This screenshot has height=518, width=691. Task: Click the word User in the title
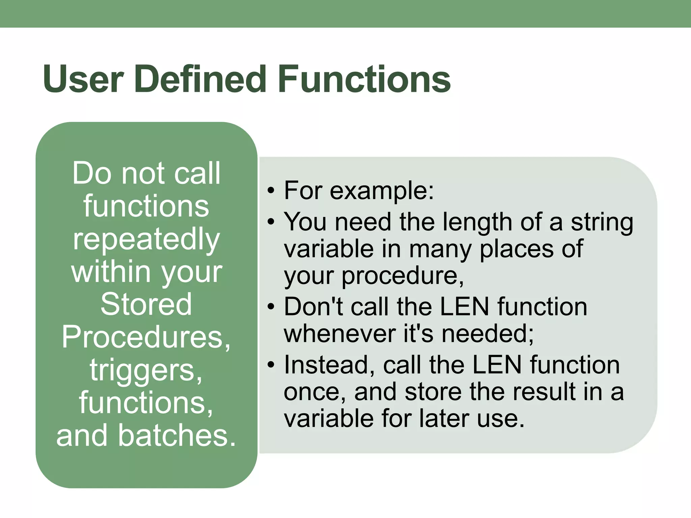83,80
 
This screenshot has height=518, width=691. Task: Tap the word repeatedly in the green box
146,239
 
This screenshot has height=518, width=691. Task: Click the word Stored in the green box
146,304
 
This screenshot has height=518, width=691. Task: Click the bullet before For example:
271,191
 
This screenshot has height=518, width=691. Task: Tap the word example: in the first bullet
382,191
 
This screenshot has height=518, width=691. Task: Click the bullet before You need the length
271,222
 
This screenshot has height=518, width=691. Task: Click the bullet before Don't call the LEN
271,307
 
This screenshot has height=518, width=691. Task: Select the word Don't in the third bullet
313,307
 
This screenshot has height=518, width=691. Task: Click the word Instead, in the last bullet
329,365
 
